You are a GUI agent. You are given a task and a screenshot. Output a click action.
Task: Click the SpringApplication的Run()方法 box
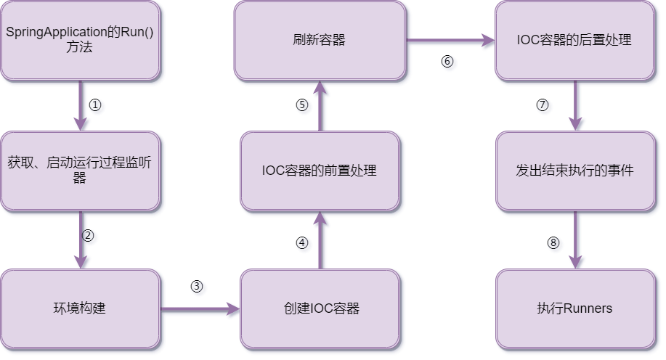click(80, 41)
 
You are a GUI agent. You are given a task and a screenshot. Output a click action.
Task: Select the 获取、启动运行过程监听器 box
click(80, 171)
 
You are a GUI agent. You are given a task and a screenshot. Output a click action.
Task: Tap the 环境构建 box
click(80, 308)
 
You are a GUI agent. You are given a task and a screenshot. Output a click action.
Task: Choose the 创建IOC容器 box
click(321, 308)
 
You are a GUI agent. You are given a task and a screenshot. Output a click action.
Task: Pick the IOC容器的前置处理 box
click(320, 171)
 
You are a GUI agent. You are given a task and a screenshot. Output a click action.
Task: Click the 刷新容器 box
click(320, 41)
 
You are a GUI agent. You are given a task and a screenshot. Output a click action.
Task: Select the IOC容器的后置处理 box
click(574, 41)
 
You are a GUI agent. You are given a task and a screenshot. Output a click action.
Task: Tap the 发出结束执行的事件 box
click(574, 171)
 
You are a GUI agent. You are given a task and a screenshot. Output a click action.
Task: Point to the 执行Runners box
click(574, 308)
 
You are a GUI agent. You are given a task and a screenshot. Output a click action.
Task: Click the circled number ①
click(95, 105)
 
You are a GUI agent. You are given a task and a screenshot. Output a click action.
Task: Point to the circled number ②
click(88, 235)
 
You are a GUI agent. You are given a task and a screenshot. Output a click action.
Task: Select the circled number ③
click(196, 286)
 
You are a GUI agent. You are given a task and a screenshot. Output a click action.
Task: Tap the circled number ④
click(302, 243)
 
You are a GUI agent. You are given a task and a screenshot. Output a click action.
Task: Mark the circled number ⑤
click(302, 105)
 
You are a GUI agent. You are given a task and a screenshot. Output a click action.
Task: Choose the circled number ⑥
click(447, 61)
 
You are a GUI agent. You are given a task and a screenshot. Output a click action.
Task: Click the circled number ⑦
click(543, 105)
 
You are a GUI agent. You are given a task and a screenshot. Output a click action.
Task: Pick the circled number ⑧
click(553, 243)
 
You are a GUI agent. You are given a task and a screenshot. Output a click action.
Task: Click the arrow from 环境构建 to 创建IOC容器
click(200, 309)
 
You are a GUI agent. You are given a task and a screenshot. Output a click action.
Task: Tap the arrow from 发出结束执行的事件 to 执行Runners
click(575, 240)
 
